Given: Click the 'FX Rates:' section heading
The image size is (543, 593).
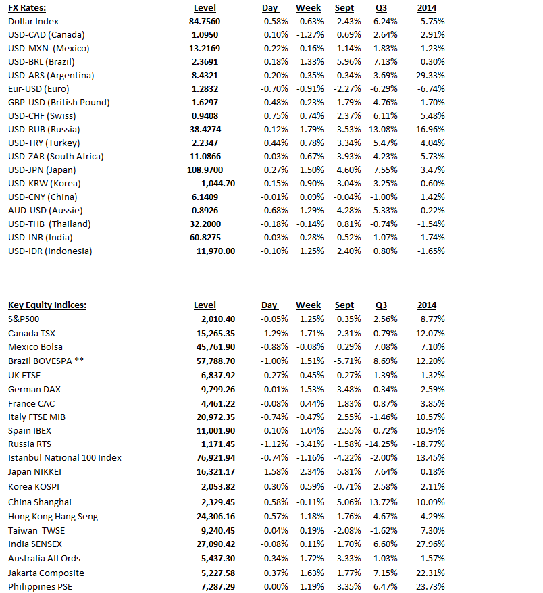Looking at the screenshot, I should click(x=27, y=7).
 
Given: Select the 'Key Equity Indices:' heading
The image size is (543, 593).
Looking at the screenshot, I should click(x=47, y=305).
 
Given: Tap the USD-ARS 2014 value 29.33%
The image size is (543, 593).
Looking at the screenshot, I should click(x=432, y=75).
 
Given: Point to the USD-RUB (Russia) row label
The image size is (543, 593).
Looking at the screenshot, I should click(x=44, y=129).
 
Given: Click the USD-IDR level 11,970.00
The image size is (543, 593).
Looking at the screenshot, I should click(x=216, y=251).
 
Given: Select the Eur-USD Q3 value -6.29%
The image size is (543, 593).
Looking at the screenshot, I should click(x=385, y=88).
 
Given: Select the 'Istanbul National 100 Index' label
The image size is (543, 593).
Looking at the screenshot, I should click(x=65, y=458).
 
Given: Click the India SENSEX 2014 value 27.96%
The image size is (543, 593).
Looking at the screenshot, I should click(x=432, y=543).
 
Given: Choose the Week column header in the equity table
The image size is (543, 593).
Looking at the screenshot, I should click(x=309, y=305).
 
